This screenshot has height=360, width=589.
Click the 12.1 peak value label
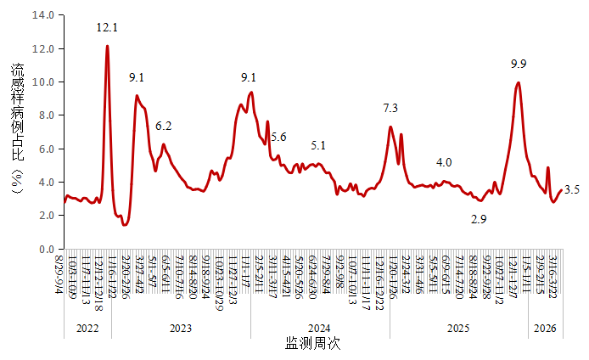[x=107, y=28]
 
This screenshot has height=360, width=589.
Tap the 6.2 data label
[x=164, y=127]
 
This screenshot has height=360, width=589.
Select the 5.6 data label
[x=278, y=138]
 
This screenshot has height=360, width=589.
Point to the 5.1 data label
[x=318, y=145]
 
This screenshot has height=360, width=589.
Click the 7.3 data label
[x=390, y=109]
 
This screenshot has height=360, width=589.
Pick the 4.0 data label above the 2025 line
[x=444, y=162]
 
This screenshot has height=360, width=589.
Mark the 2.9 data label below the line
[x=479, y=220]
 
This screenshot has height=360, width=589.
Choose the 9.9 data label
[x=519, y=64]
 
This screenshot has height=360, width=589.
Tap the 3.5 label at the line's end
[x=571, y=190]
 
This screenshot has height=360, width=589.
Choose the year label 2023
[x=180, y=328]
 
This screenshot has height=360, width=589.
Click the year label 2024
[x=319, y=328]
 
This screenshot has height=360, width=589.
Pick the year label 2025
[x=458, y=328]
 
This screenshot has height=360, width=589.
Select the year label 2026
[x=544, y=328]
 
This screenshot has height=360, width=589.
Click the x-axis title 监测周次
[x=313, y=345]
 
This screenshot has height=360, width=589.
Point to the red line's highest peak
[x=107, y=47]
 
